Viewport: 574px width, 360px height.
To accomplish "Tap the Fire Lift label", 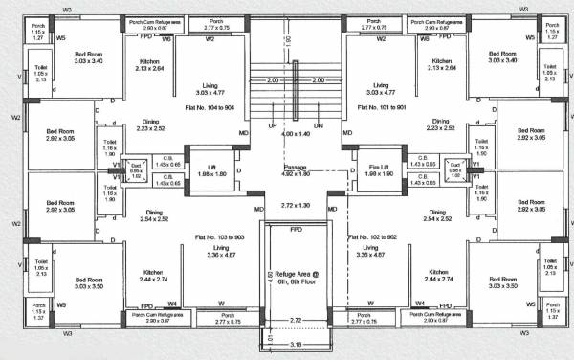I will [x=375, y=169].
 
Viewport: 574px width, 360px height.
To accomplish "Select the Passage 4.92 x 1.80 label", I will [x=295, y=170].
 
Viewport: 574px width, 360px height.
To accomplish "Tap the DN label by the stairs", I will [x=319, y=125].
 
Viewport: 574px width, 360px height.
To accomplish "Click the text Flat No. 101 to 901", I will [x=383, y=108].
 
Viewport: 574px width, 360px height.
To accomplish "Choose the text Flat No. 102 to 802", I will [x=374, y=236].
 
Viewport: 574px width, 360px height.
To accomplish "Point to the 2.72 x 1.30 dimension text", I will [x=295, y=206].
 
